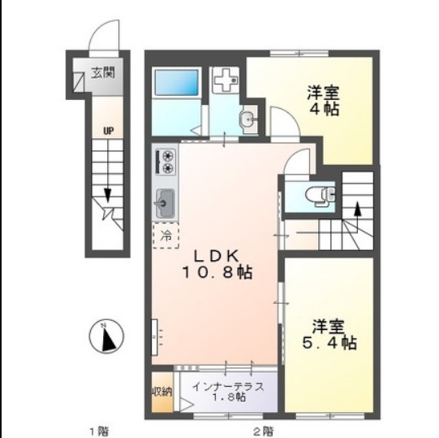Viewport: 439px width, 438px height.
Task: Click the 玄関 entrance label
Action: pyautogui.click(x=103, y=72)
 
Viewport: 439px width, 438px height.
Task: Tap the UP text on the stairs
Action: pyautogui.click(x=107, y=129)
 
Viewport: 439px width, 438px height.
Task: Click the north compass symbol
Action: pyautogui.click(x=105, y=336)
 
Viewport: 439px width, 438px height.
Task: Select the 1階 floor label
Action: pyautogui.click(x=99, y=429)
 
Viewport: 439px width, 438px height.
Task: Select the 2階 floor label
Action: pyautogui.click(x=262, y=429)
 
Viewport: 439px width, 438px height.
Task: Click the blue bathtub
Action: pyautogui.click(x=176, y=84)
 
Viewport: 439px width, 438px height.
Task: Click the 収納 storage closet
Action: pyautogui.click(x=161, y=392)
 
